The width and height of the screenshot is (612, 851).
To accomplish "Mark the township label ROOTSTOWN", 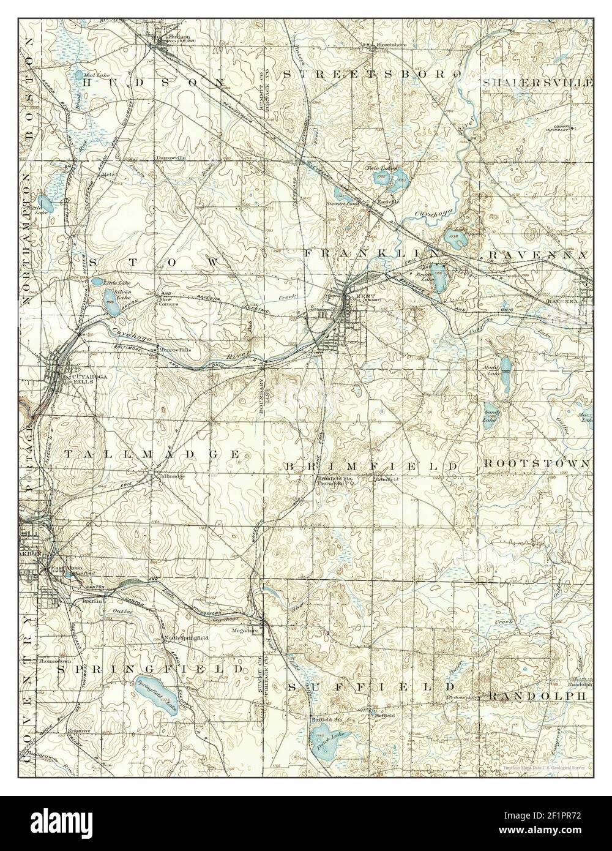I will pos(535,463).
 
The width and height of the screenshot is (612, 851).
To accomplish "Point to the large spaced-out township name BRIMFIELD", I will pos(371,467).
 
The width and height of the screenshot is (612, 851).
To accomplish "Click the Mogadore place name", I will pos(243,629).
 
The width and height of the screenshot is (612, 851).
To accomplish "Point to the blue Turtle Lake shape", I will pos(45,202).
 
